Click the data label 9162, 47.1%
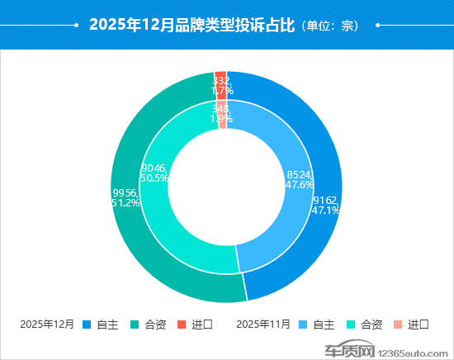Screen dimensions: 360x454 tap(326, 205)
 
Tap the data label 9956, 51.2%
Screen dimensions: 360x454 tap(125, 197)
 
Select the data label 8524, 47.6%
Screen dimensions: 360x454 tap(299, 180)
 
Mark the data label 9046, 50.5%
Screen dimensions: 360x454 tap(155, 172)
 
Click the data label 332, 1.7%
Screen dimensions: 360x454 tap(220, 85)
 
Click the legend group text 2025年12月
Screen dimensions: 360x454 tap(47, 324)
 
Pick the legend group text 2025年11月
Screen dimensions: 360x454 tap(263, 324)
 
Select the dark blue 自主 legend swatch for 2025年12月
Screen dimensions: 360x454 tap(87, 324)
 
